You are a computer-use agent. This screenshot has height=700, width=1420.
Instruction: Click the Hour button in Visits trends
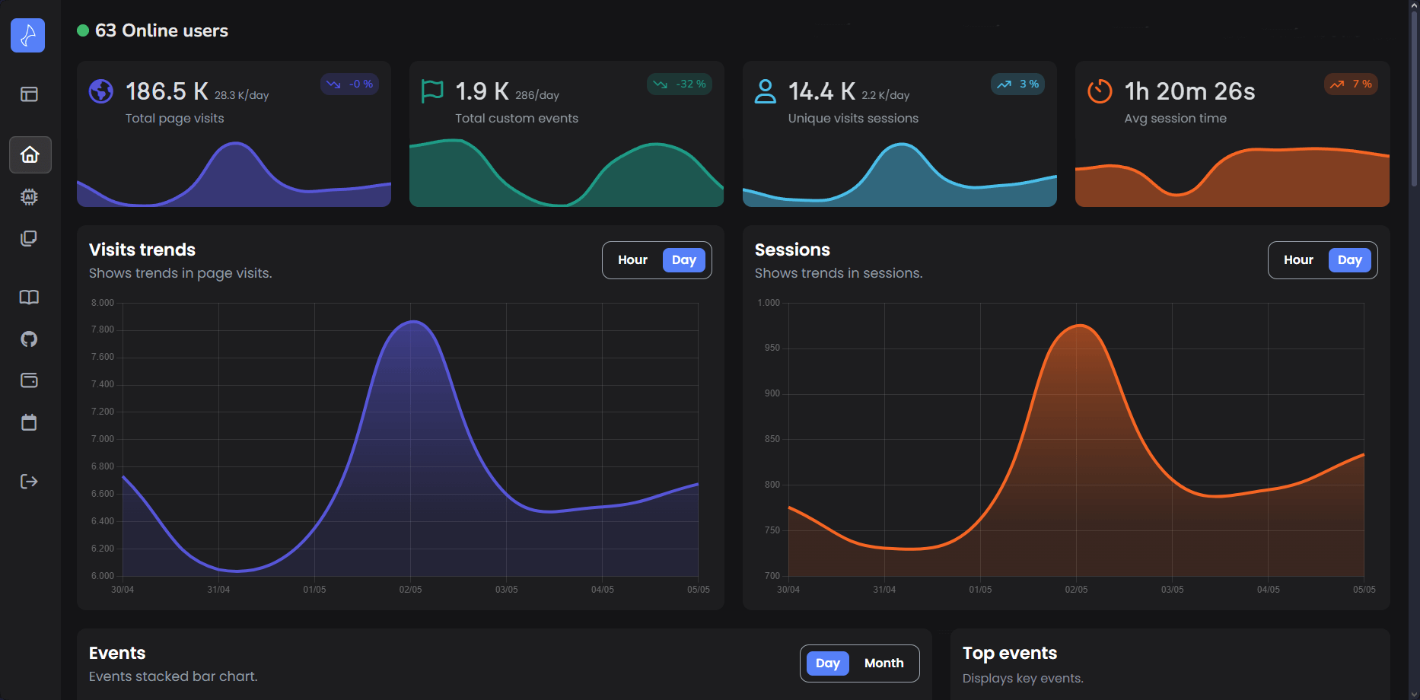click(632, 260)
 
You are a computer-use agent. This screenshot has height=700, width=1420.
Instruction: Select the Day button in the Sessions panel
click(1349, 260)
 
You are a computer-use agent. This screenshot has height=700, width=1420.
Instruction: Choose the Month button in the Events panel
click(884, 663)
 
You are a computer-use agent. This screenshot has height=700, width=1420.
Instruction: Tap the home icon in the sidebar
click(30, 155)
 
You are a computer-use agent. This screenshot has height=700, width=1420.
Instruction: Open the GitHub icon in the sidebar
click(29, 339)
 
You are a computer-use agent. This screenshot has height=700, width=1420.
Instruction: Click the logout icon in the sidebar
click(29, 481)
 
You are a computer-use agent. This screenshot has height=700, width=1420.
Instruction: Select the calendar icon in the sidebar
click(29, 422)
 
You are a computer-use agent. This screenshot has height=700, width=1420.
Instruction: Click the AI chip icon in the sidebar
click(29, 197)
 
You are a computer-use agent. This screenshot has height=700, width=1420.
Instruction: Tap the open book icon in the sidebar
click(29, 297)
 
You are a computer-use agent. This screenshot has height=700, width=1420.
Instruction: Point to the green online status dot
click(83, 31)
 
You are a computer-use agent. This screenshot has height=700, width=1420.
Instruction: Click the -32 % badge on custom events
click(680, 84)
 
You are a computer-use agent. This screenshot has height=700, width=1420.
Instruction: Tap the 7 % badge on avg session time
click(1351, 84)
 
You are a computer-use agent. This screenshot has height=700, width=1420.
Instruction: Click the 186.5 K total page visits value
click(167, 92)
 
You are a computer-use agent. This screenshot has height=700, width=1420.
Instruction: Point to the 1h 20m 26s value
click(1189, 92)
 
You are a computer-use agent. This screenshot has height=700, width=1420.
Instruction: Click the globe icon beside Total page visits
click(101, 91)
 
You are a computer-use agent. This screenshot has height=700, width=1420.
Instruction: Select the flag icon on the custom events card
click(432, 91)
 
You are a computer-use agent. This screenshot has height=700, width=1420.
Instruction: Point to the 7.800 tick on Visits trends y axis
click(103, 329)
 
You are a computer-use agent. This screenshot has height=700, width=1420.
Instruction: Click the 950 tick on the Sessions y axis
click(772, 348)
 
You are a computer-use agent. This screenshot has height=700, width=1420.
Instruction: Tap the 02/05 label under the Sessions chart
click(1076, 590)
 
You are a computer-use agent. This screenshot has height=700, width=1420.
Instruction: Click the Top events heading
click(1009, 654)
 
